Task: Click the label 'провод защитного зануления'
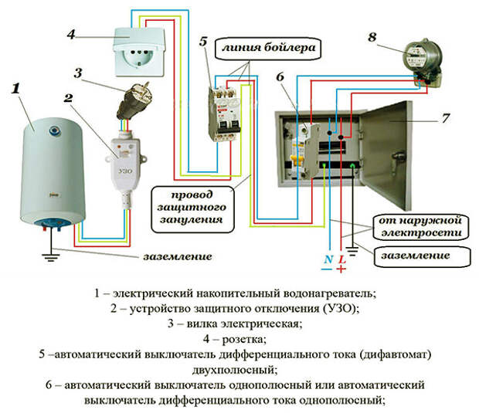pyautogui.click(x=196, y=203)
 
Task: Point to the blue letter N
pyautogui.click(x=328, y=259)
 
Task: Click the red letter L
pyautogui.click(x=340, y=259)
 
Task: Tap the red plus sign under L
pyautogui.click(x=340, y=271)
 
